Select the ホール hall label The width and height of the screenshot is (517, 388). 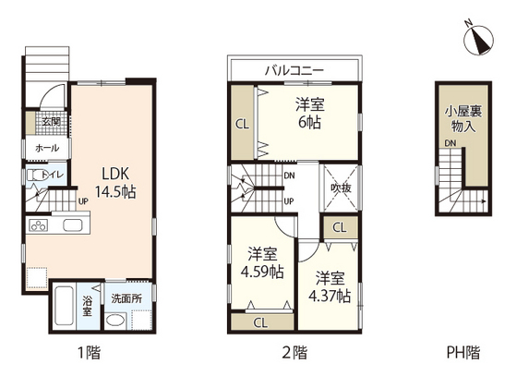click(47, 148)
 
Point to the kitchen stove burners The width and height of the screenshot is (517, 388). click(41, 225)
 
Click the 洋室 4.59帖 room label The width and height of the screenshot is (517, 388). click(262, 262)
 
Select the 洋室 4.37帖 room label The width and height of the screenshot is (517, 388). click(329, 286)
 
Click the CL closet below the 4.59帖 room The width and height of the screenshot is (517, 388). click(259, 323)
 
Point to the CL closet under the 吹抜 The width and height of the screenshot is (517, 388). click(339, 227)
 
